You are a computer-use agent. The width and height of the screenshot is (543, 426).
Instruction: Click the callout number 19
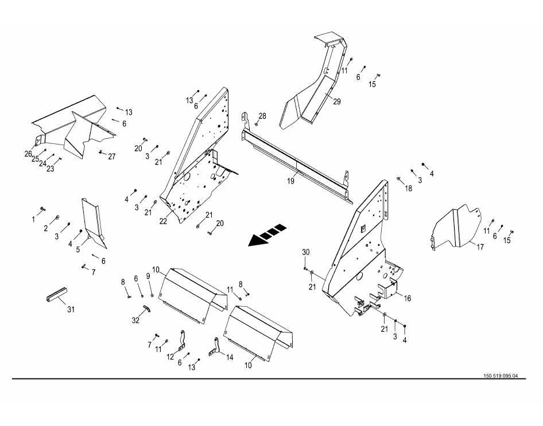291,181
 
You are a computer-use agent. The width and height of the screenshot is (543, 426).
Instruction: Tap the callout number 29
337,101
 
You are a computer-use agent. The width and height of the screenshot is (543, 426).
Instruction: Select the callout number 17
480,247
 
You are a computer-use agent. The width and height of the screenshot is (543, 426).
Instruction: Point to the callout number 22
163,221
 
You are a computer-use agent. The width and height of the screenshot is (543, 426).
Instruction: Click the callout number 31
71,310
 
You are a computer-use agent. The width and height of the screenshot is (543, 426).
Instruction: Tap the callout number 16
407,298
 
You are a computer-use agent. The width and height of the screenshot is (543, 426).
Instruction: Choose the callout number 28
262,116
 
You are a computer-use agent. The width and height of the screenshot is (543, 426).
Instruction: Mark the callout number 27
111,157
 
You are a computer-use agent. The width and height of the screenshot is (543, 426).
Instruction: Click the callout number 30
305,253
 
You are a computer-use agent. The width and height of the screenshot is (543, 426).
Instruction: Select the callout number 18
408,188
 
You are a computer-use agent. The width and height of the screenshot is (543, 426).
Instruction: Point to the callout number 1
33,219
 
